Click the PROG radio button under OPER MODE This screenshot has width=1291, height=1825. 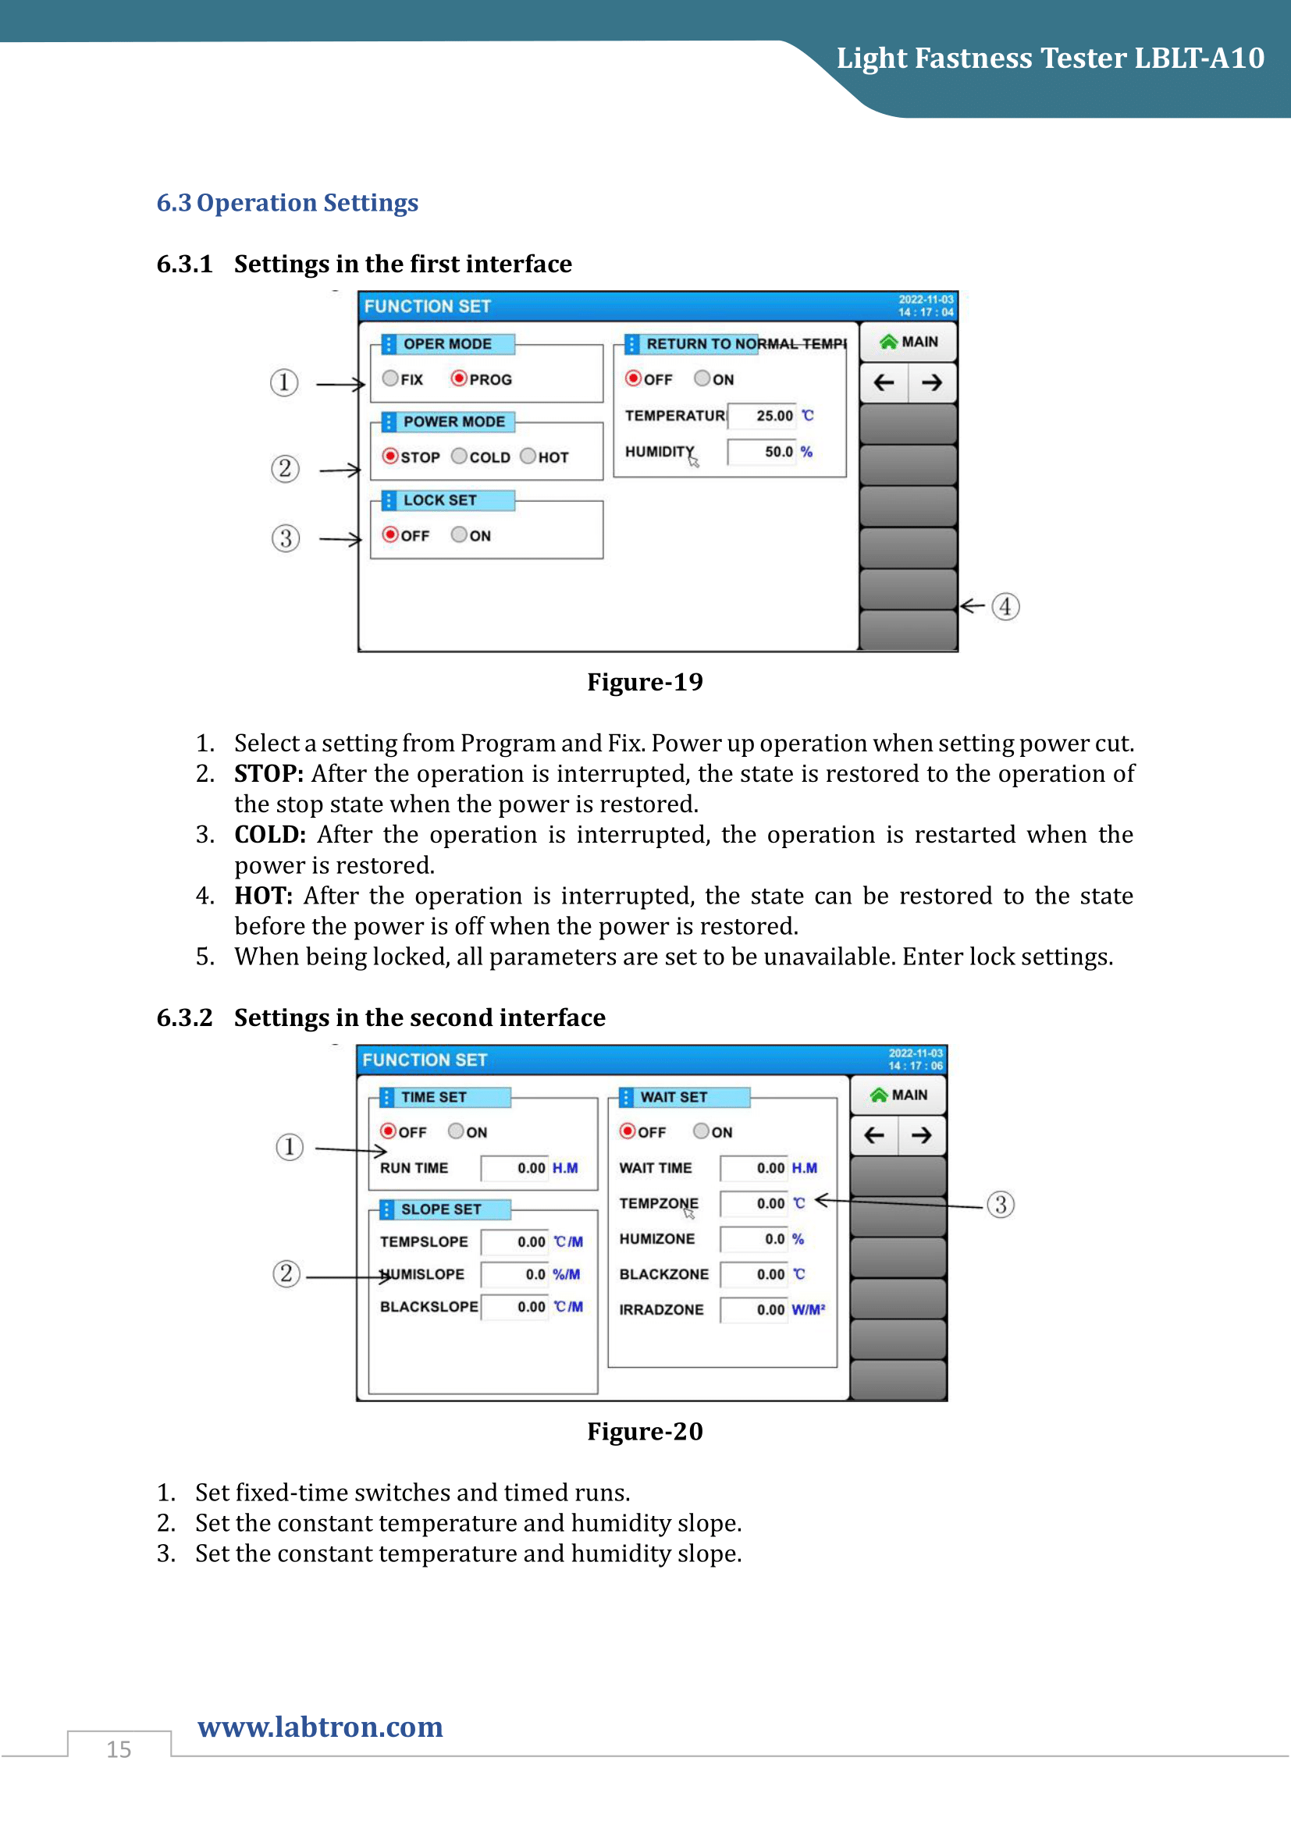(460, 378)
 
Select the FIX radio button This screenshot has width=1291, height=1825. (390, 378)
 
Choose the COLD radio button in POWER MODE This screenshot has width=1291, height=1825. (460, 456)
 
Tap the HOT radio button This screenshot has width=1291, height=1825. (528, 456)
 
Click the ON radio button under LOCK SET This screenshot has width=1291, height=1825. (460, 534)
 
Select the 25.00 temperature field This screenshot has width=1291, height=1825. (763, 416)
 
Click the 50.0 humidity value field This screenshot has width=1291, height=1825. (763, 452)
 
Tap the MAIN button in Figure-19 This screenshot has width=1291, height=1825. (909, 342)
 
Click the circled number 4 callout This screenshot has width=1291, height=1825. (1005, 606)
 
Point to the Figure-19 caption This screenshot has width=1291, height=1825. (645, 682)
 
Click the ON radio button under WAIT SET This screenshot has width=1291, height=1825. (701, 1131)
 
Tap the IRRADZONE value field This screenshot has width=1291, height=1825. (755, 1309)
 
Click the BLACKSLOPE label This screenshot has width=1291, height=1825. (429, 1307)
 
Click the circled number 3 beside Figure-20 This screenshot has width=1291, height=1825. (1001, 1204)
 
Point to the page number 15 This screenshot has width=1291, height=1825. (119, 1749)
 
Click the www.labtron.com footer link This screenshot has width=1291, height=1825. (320, 1727)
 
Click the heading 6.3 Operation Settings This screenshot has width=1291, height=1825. (287, 203)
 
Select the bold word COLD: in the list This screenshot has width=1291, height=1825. (270, 835)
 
